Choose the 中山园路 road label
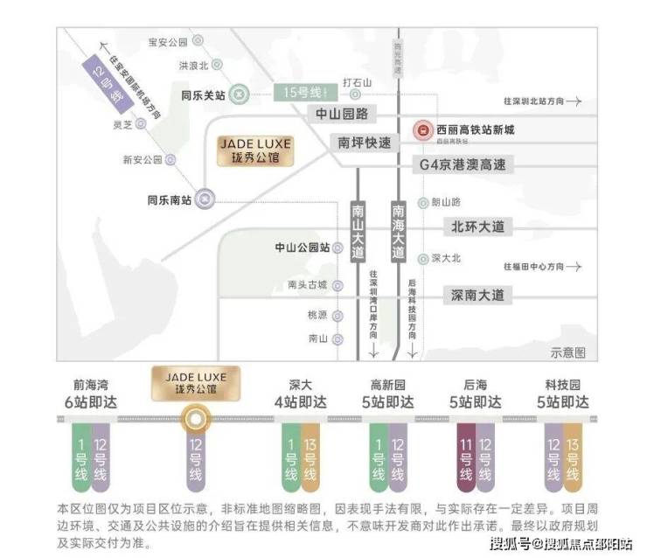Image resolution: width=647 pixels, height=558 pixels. click(x=343, y=114)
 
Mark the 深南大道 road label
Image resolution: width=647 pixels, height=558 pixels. click(x=477, y=295)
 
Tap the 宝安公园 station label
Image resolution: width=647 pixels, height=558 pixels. click(x=168, y=41)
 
